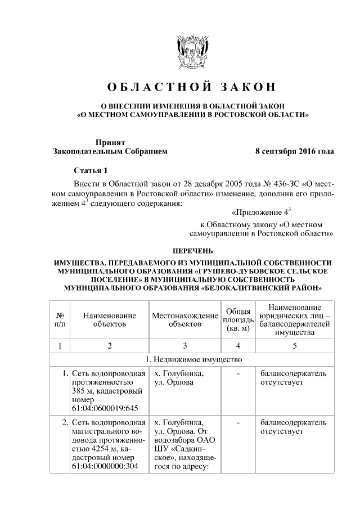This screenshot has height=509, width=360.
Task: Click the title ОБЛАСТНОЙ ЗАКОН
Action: [192, 87]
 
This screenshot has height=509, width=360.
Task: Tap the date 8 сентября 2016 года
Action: [294, 151]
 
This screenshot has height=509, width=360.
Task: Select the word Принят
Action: [110, 143]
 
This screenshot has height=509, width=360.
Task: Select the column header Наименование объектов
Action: [110, 320]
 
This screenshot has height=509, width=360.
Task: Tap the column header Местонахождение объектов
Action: [185, 320]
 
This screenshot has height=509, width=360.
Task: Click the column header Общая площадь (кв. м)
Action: [238, 320]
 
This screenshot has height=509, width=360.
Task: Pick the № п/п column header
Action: [60, 320]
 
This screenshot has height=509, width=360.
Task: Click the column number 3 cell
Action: [185, 345]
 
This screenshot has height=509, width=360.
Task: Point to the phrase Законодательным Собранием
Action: [110, 151]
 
